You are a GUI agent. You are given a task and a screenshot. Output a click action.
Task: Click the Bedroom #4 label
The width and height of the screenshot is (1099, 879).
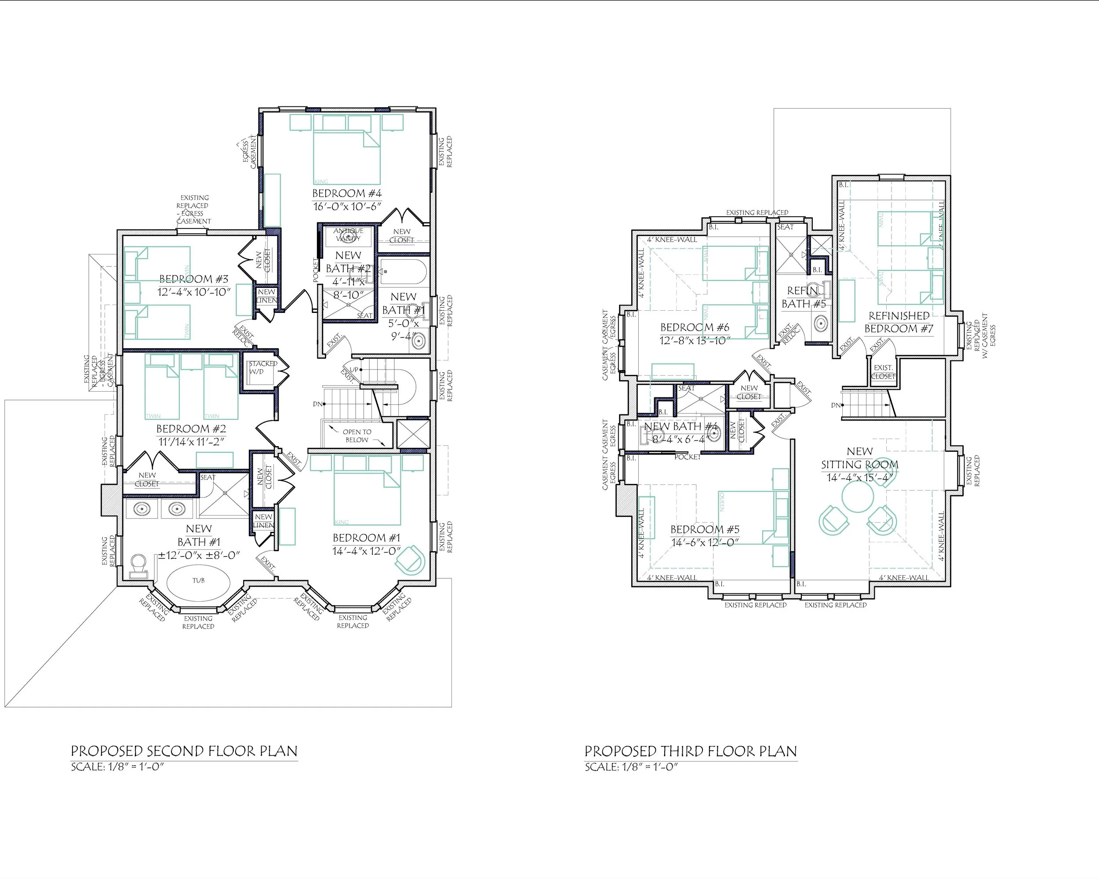[346, 193]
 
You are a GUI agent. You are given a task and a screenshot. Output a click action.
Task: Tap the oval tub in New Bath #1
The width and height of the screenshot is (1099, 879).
[199, 581]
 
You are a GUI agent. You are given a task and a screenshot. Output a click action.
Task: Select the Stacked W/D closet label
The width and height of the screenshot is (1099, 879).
[262, 367]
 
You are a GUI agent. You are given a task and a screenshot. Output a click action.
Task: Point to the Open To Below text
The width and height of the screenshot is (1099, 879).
[357, 436]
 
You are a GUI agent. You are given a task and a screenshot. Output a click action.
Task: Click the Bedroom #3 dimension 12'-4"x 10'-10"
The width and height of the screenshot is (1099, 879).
[194, 292]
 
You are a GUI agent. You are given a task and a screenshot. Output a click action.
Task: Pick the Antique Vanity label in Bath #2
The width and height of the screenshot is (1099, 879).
[348, 234]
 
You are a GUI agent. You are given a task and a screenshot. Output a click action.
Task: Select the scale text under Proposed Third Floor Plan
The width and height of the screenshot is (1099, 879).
[631, 767]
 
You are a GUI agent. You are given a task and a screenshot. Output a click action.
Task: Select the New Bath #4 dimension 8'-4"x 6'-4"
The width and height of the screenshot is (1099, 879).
[678, 439]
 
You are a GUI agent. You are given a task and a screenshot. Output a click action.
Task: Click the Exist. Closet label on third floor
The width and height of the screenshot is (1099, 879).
[883, 371]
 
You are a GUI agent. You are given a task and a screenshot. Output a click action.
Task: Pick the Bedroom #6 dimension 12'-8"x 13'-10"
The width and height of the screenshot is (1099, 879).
[695, 340]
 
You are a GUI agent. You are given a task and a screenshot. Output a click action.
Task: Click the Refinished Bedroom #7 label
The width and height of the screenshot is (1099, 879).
[899, 322]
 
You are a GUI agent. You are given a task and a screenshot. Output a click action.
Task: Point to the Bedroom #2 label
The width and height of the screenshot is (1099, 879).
[191, 429]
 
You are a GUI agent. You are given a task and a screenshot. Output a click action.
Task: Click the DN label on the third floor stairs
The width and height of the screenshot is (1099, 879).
[836, 406]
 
